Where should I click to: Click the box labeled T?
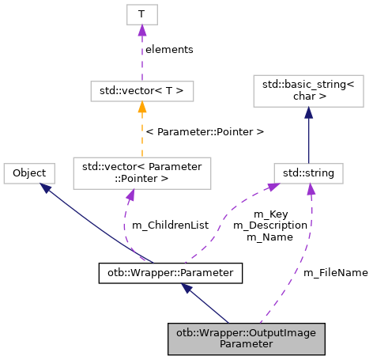(142, 14)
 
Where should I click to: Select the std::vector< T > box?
(142, 91)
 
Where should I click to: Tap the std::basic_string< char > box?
(308, 91)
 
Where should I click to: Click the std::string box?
(308, 172)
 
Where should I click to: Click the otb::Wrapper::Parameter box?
(170, 274)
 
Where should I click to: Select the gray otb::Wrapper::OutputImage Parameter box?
(247, 338)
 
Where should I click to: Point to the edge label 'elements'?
(169, 49)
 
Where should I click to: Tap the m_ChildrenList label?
(170, 225)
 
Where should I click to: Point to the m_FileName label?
(336, 272)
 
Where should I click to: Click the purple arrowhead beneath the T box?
(142, 31)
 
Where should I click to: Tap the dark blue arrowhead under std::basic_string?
(308, 113)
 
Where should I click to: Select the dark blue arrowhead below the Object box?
(47, 188)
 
